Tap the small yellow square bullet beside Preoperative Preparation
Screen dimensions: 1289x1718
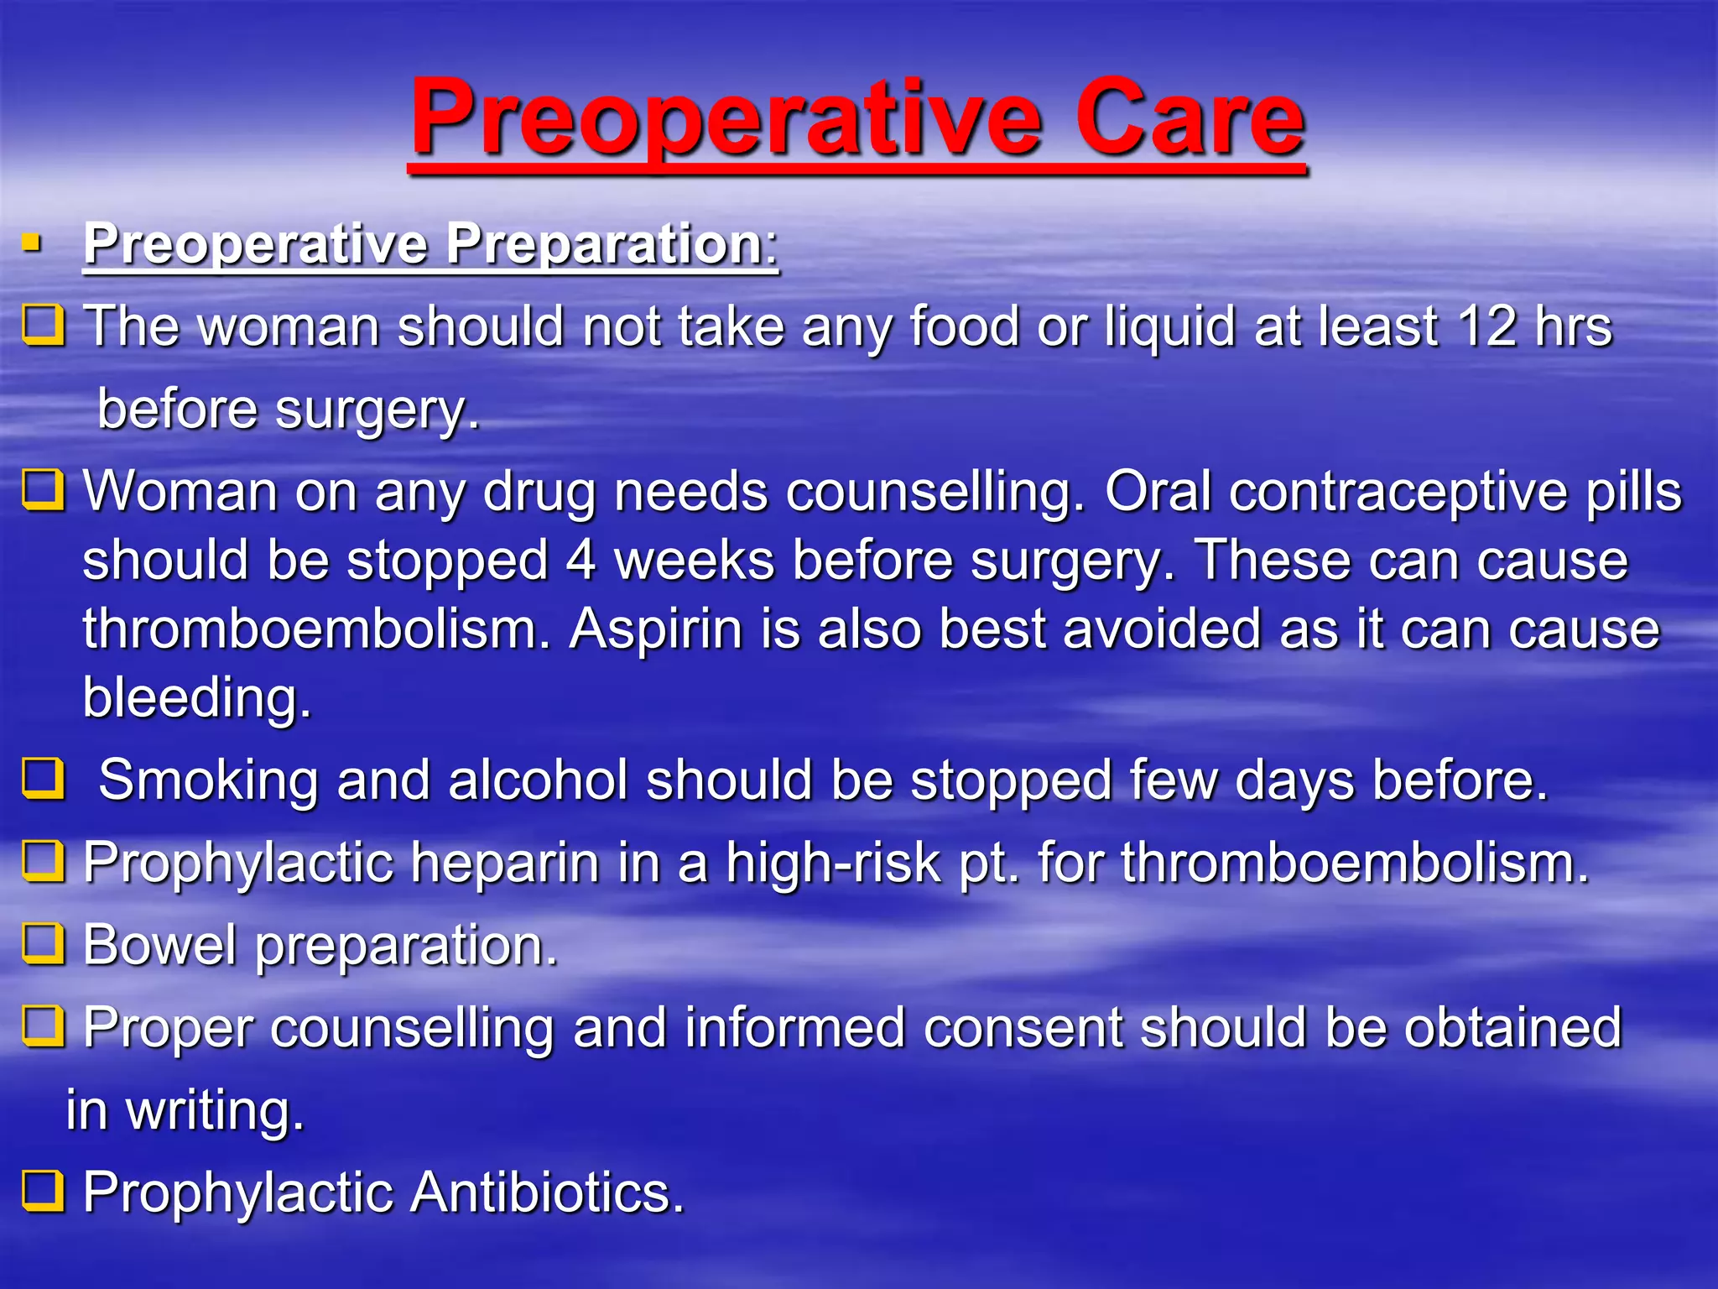tap(32, 244)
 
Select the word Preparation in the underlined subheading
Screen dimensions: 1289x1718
tap(603, 244)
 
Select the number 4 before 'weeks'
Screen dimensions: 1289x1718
tap(580, 561)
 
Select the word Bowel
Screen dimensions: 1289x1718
tap(159, 945)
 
